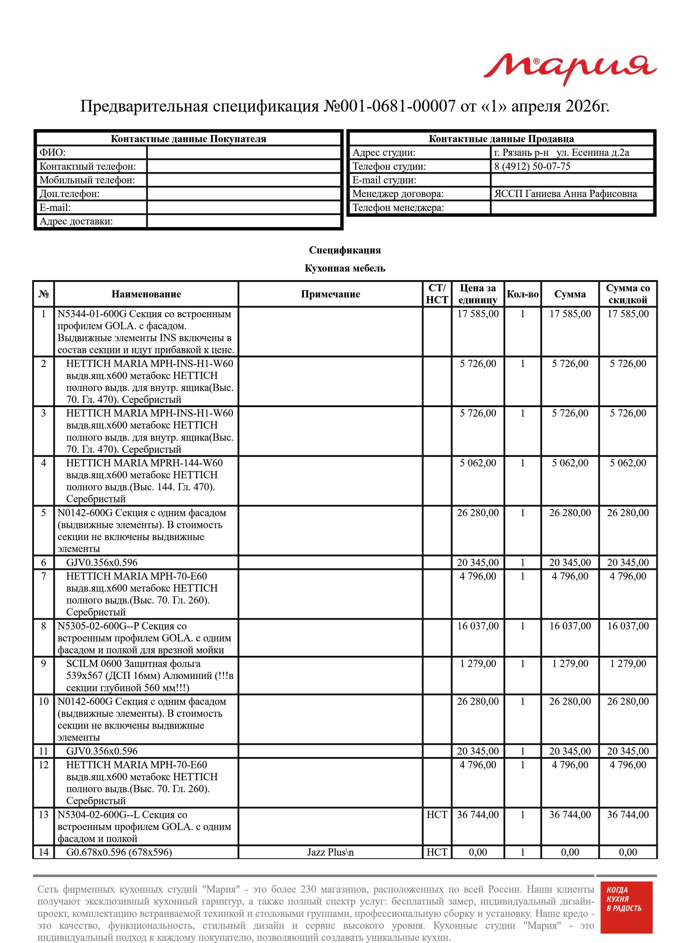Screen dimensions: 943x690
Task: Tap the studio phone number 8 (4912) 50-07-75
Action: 532,166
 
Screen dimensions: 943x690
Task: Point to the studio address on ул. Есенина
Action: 561,152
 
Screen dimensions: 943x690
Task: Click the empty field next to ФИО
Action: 244,152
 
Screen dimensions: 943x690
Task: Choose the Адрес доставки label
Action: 76,221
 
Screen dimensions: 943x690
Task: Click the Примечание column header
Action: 330,294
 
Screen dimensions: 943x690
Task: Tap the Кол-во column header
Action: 522,294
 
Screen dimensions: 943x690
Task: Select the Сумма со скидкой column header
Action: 628,294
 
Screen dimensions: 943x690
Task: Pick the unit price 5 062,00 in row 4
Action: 478,463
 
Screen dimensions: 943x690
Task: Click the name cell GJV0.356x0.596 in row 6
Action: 102,563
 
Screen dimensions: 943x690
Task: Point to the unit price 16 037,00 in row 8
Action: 478,626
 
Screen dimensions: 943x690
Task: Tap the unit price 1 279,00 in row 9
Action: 478,664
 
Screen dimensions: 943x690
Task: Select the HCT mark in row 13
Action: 437,815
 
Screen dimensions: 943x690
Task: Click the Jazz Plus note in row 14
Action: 330,852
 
